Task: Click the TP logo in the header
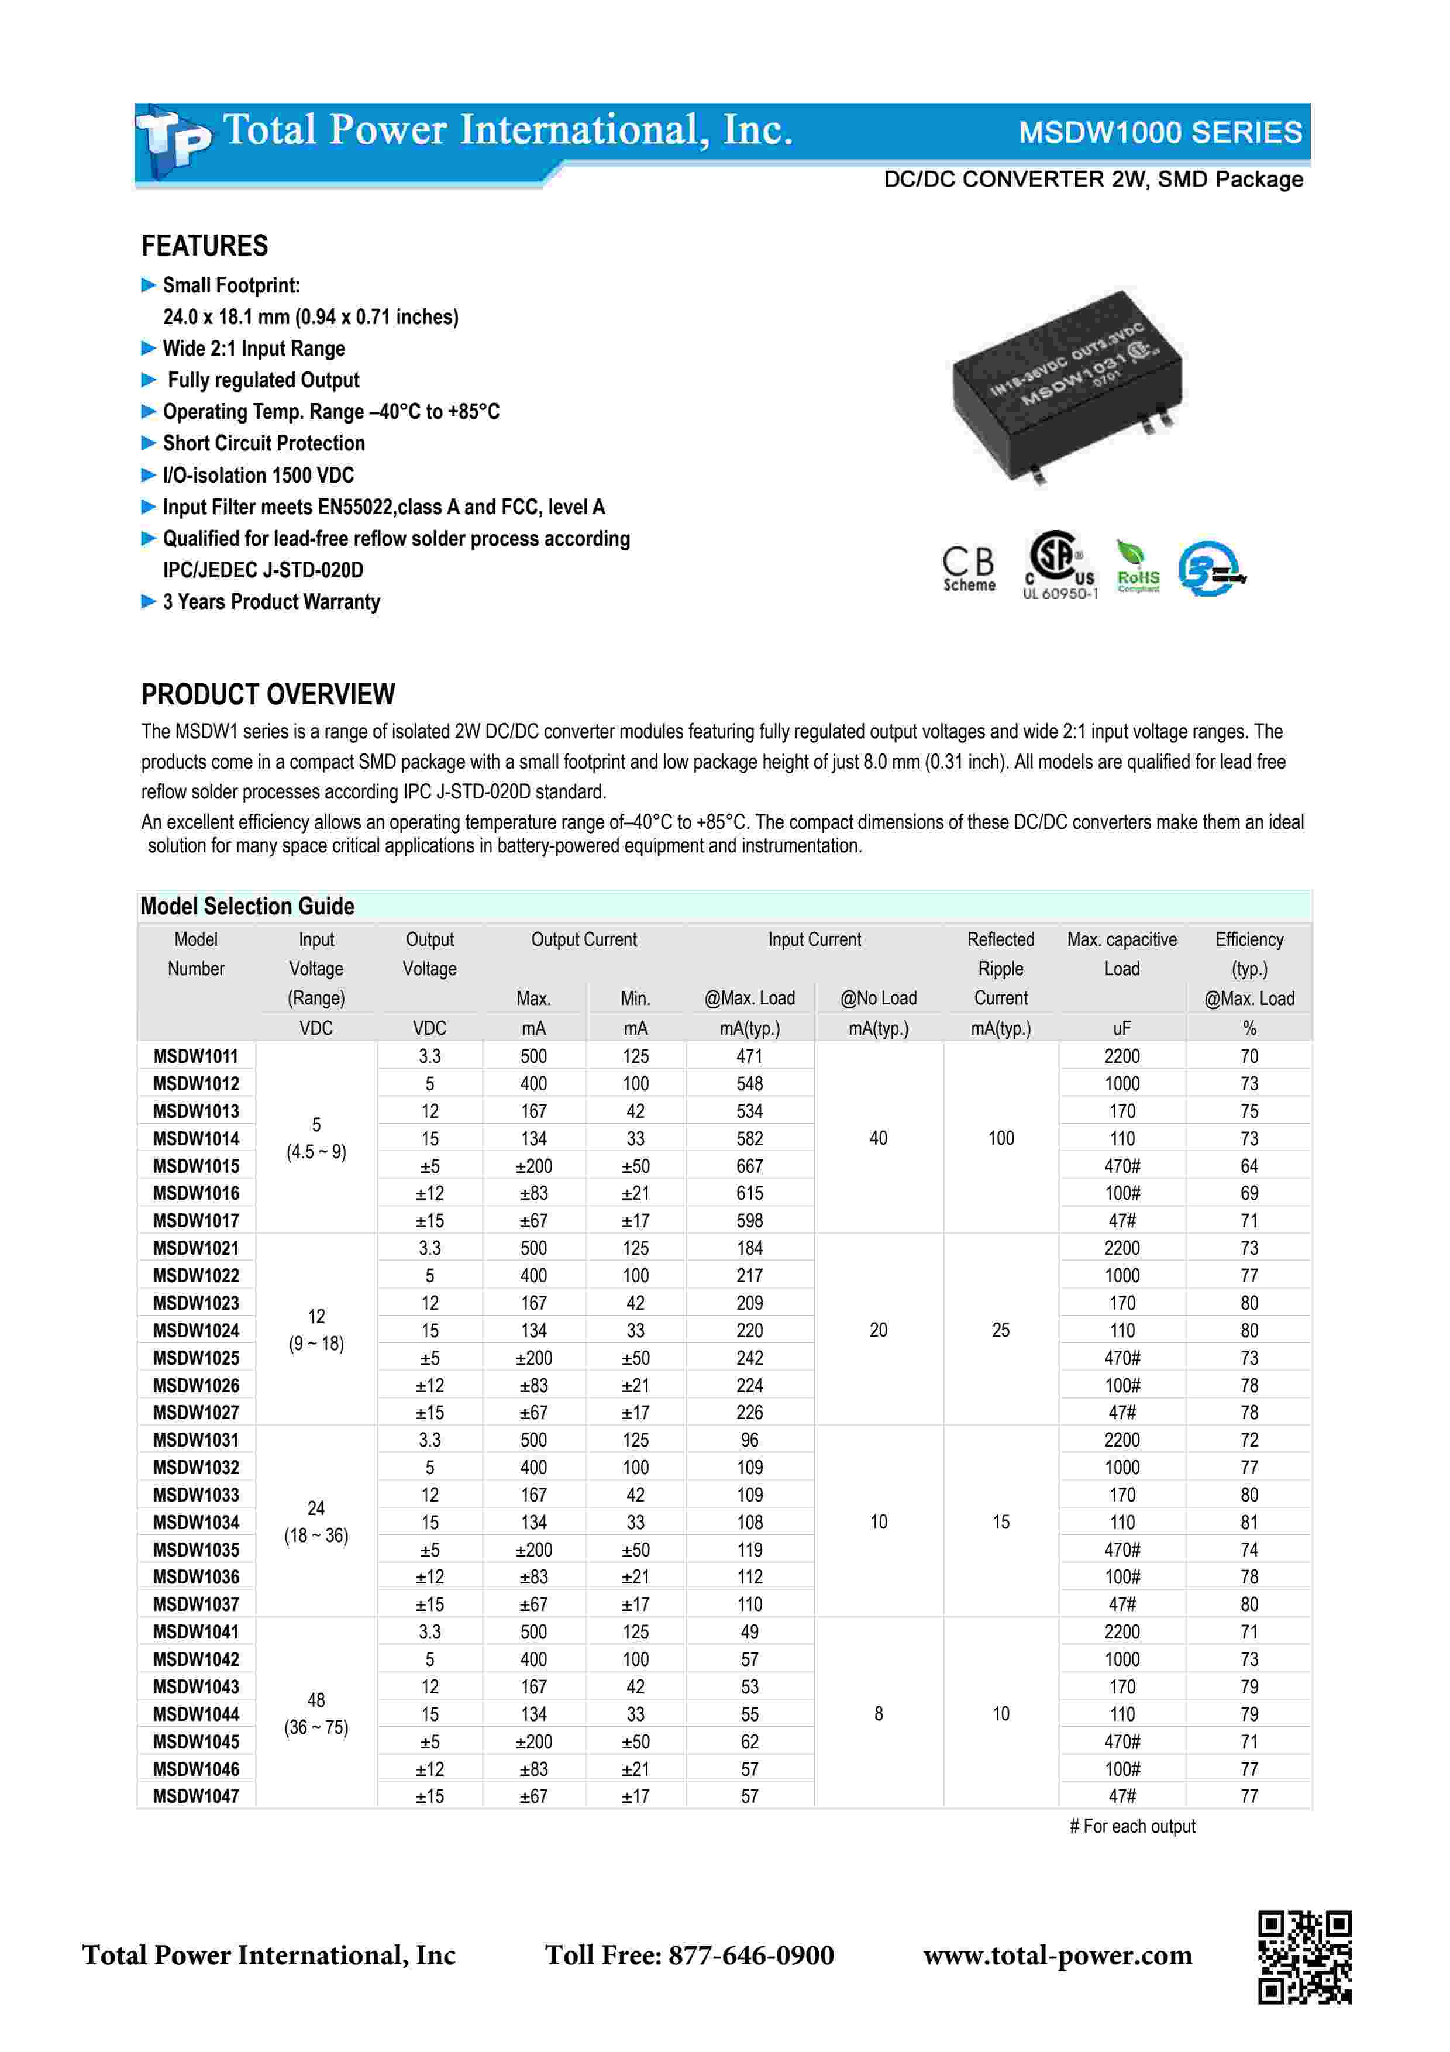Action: point(174,140)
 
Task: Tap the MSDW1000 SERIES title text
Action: point(1160,132)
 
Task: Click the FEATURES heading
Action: point(205,246)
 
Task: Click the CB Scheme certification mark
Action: point(969,569)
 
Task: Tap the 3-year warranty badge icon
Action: point(1211,569)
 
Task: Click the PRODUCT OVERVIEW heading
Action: point(268,694)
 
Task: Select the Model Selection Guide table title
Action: point(247,906)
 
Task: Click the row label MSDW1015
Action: point(196,1166)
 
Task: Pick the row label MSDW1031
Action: point(196,1440)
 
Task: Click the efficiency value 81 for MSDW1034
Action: point(1248,1522)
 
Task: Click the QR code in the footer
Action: point(1304,1957)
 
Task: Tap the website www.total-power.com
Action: point(1057,1955)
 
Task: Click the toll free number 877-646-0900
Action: point(689,1955)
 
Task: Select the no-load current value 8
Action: point(878,1713)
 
